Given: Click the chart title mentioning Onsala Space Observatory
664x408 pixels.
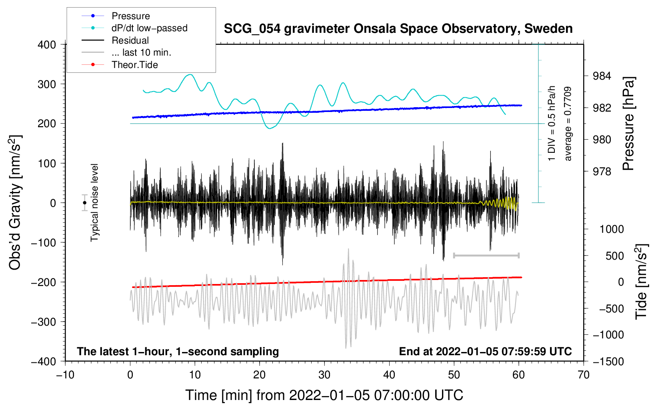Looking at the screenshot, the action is coord(398,29).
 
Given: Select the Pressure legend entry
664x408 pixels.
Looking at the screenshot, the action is coord(116,16).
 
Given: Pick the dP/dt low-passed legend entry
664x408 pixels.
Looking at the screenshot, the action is coord(134,28).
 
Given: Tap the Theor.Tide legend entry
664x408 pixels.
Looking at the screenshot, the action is coord(120,65).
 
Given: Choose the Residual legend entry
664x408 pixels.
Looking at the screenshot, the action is coord(115,40).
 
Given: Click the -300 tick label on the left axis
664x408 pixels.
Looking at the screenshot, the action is coord(44,322).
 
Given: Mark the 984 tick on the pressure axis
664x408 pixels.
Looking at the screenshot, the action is coord(602,76).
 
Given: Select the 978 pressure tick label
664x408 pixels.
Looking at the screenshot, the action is coord(602,171).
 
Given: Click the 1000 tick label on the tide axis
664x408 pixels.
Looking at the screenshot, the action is coord(612,229).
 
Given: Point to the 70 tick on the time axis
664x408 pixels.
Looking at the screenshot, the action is coord(583,375).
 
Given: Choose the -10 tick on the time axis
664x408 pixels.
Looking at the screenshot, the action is coord(65,375).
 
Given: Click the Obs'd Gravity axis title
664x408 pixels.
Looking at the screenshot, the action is coord(15,202).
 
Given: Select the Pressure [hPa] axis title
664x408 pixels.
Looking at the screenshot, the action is coord(628,124).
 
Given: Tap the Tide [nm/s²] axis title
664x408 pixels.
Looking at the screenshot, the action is coord(642,282).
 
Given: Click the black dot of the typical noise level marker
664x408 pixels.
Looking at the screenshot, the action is coord(84,203).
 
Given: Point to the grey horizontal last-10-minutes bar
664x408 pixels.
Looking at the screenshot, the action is coord(486,255).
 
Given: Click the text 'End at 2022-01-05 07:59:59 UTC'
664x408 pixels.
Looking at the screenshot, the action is coord(485,351).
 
